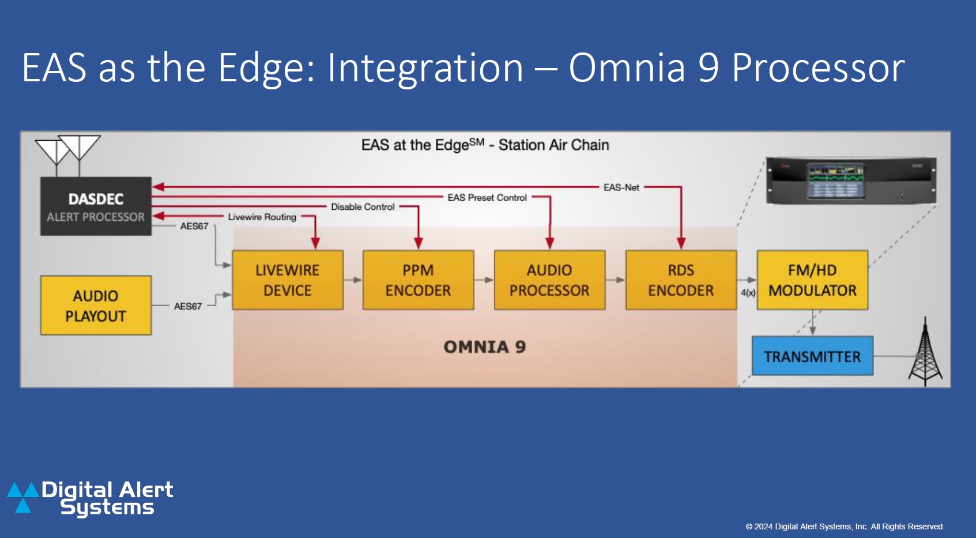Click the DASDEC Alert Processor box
click(96, 206)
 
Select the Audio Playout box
click(96, 306)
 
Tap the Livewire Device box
click(288, 280)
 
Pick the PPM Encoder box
click(418, 280)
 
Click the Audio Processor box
click(549, 280)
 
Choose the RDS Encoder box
click(681, 280)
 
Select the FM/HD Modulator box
click(812, 280)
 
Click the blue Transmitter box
click(812, 356)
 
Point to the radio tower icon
click(925, 353)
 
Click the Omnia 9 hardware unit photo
click(851, 180)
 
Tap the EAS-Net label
click(621, 187)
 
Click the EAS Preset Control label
click(487, 198)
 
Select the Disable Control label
click(363, 207)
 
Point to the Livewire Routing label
click(262, 217)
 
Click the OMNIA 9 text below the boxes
click(484, 347)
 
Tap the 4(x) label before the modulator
click(748, 293)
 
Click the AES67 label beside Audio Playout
click(188, 306)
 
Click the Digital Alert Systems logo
click(91, 498)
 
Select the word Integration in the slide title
click(425, 68)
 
